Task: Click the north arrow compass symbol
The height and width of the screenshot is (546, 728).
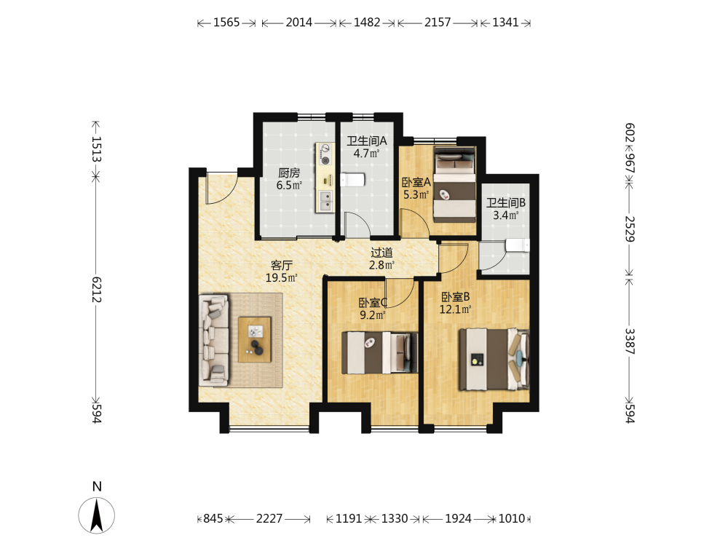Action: [97, 515]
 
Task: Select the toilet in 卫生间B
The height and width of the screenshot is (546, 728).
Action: [517, 245]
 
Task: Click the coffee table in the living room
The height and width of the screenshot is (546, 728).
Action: [254, 339]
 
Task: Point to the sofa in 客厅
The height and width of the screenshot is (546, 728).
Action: [214, 340]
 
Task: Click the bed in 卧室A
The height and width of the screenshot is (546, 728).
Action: [454, 184]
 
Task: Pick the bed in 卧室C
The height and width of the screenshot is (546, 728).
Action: [379, 352]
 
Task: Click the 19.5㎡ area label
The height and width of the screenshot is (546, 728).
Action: [281, 278]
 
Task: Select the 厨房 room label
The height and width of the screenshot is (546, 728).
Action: [289, 173]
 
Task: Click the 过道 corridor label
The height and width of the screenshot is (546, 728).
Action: [381, 253]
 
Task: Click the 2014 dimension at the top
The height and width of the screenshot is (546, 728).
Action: [299, 23]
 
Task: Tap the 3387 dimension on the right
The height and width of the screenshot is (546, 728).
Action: [630, 341]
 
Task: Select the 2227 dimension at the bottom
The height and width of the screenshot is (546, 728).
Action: [269, 518]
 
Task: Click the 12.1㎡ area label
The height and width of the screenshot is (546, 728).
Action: [456, 309]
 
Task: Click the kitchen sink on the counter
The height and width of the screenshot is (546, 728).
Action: [325, 201]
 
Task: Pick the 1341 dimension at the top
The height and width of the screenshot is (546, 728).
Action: [505, 23]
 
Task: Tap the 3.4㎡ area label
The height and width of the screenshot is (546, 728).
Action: [506, 215]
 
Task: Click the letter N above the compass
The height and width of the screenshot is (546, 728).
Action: [97, 486]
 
